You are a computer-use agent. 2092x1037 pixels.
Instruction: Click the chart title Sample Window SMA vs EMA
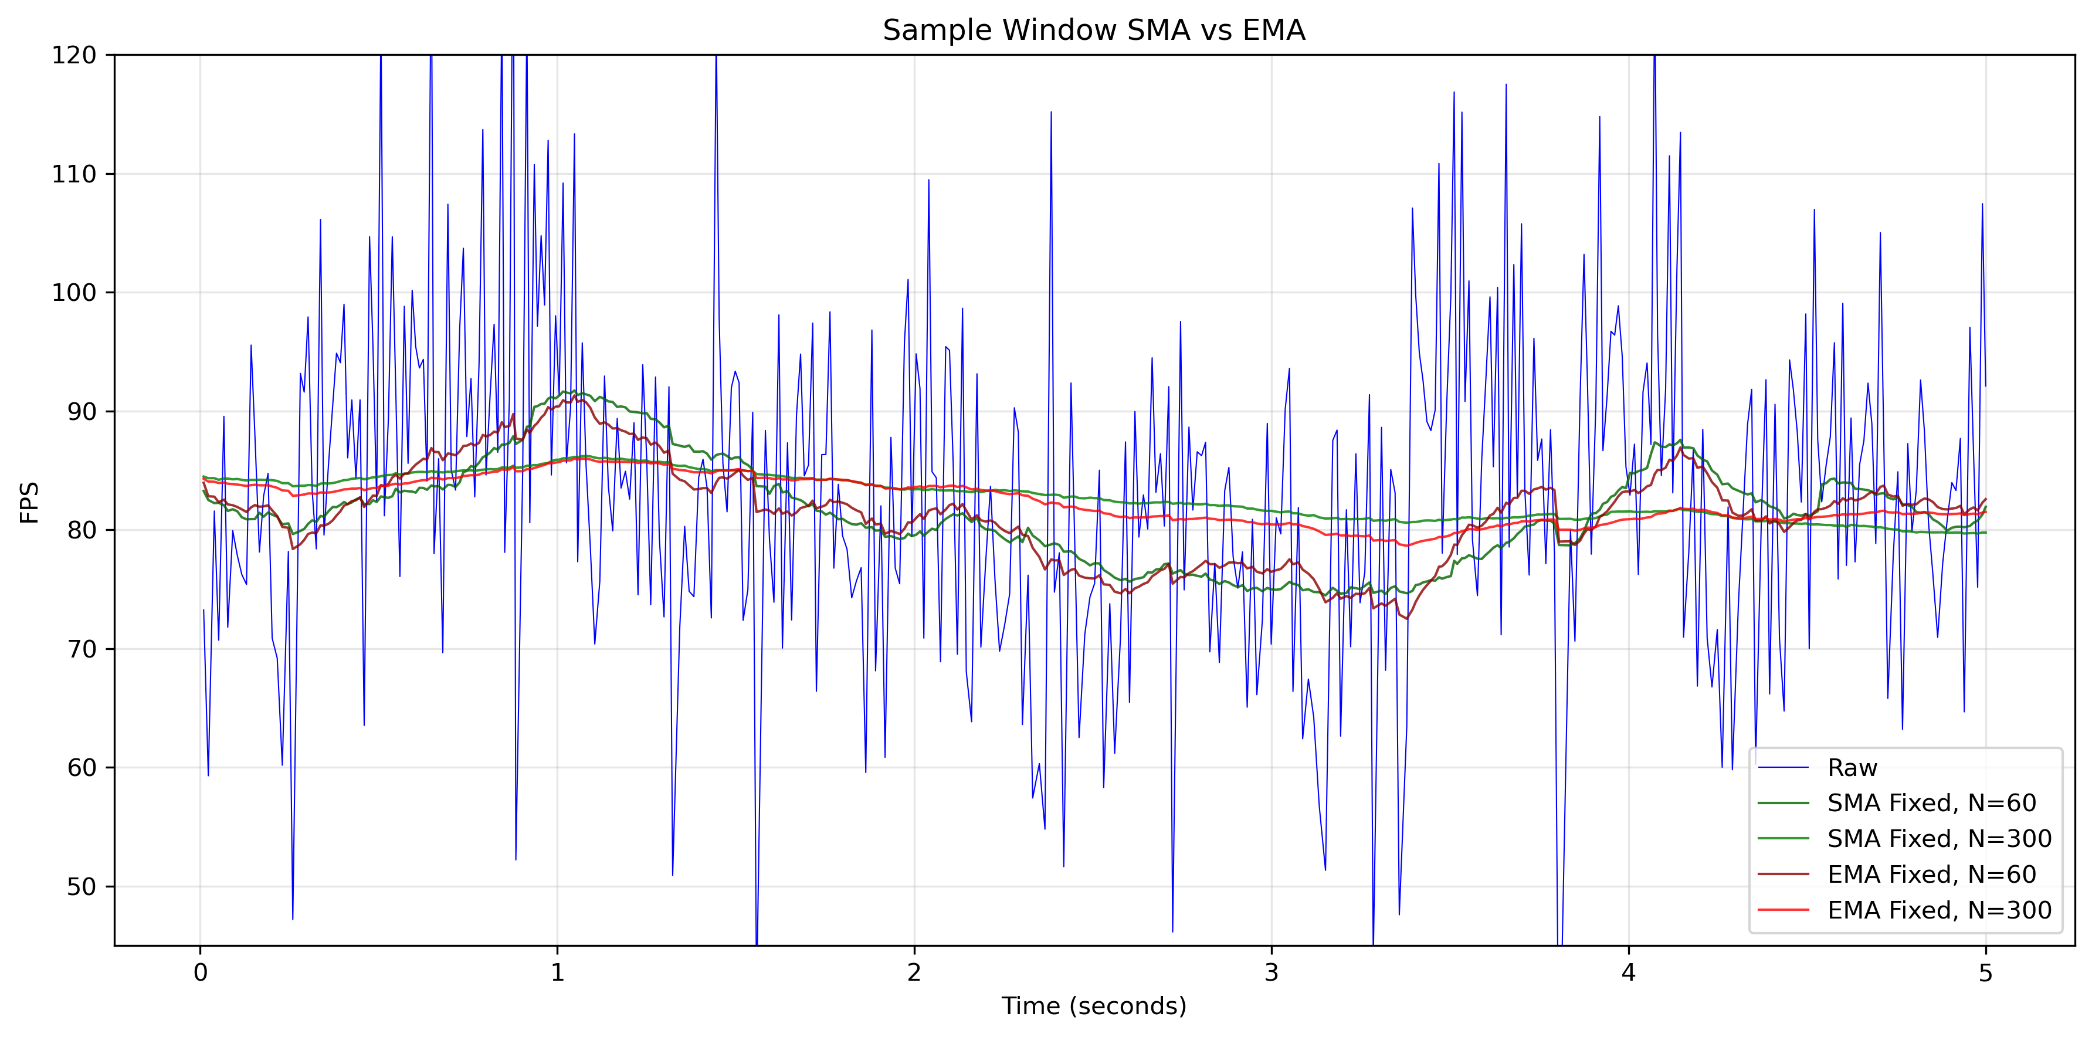coord(1093,30)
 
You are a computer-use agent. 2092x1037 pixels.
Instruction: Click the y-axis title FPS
coord(30,502)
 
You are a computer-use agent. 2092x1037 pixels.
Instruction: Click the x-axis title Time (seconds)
coord(1093,1006)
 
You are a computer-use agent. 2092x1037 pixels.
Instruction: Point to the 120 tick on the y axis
coord(74,55)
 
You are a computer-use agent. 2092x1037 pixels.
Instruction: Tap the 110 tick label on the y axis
coord(74,174)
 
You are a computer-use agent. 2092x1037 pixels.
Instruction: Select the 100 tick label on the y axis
coord(74,292)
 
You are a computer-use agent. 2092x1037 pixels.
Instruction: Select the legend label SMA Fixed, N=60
coord(1931,803)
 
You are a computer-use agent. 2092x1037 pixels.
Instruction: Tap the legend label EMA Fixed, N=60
coord(1931,875)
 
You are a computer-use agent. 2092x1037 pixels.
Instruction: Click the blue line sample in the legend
coord(1784,767)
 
